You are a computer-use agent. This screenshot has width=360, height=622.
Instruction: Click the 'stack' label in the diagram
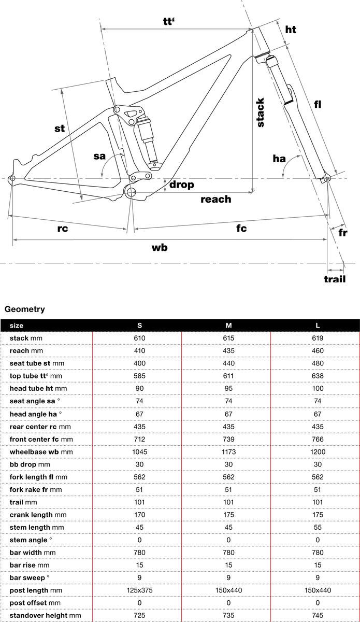tap(261, 112)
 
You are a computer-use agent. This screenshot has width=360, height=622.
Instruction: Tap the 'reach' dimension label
tap(215, 199)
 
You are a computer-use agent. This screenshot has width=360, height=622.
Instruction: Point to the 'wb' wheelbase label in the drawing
tap(160, 247)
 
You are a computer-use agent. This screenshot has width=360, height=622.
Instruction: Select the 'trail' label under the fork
tap(335, 279)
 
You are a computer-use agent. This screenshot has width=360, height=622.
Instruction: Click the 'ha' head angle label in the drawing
tap(279, 159)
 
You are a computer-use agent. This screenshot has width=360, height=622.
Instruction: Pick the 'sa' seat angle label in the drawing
tap(100, 156)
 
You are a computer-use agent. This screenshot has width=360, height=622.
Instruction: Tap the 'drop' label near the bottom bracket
tap(181, 185)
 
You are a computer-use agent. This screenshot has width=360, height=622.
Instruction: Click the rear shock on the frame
tap(147, 137)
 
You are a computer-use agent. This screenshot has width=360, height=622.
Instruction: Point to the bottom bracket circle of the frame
tap(131, 193)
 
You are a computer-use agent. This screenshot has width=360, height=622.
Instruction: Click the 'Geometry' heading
tap(24, 309)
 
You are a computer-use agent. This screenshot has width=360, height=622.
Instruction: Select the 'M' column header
tap(228, 326)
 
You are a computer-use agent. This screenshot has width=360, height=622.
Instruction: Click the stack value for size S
tap(139, 338)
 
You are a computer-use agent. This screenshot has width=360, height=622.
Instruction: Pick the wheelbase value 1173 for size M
tap(228, 452)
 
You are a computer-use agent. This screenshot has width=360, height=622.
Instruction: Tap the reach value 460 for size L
tap(318, 351)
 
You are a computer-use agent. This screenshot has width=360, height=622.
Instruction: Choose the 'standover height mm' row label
tap(46, 615)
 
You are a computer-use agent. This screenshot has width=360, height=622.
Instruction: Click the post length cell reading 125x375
tap(139, 590)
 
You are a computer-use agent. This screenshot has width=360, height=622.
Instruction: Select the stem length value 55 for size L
tap(318, 527)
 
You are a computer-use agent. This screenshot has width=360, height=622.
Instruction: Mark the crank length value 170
tap(139, 515)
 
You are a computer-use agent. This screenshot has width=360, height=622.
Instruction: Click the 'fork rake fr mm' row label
tap(36, 489)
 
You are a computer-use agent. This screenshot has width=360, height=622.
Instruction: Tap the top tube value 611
tap(228, 376)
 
